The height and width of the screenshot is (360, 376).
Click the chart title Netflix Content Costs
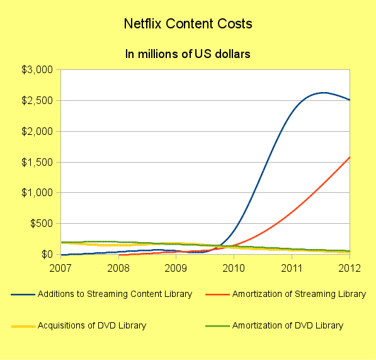pos(188,25)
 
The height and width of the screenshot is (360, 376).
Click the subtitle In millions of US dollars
pos(188,54)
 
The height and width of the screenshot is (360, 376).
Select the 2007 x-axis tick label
pos(60,268)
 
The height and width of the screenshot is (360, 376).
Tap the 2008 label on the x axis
pos(118,268)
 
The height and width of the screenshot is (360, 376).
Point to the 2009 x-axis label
pos(176,268)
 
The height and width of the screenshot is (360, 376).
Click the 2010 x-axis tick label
pos(234,268)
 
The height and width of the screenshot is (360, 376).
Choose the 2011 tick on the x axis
pos(292,268)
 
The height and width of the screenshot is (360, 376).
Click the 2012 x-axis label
pos(348,268)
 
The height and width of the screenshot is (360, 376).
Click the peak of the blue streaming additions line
pos(324,93)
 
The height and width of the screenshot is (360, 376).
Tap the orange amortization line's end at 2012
pos(349,157)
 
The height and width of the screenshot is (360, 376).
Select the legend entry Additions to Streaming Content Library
pos(115,294)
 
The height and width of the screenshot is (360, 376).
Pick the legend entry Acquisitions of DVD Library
pos(92,325)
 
